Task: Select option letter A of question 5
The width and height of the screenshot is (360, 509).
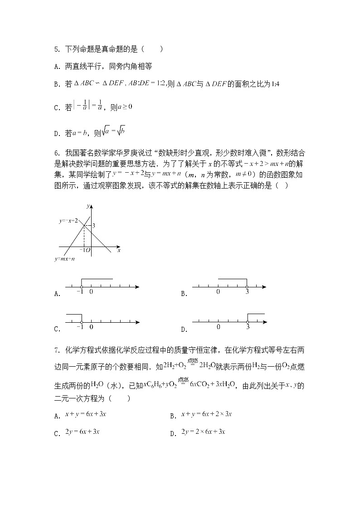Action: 56,66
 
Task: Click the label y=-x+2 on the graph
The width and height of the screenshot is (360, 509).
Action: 68,221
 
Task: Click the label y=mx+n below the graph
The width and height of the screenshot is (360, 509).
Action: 64,259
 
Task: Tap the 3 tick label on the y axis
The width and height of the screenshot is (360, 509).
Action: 94,225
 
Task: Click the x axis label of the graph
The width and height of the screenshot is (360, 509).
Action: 119,250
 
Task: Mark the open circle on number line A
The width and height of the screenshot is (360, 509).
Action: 81,286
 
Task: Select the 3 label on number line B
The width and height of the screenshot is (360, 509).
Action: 247,292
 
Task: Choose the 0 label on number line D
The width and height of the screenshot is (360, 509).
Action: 219,327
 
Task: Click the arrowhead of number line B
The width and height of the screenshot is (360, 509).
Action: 264,286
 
